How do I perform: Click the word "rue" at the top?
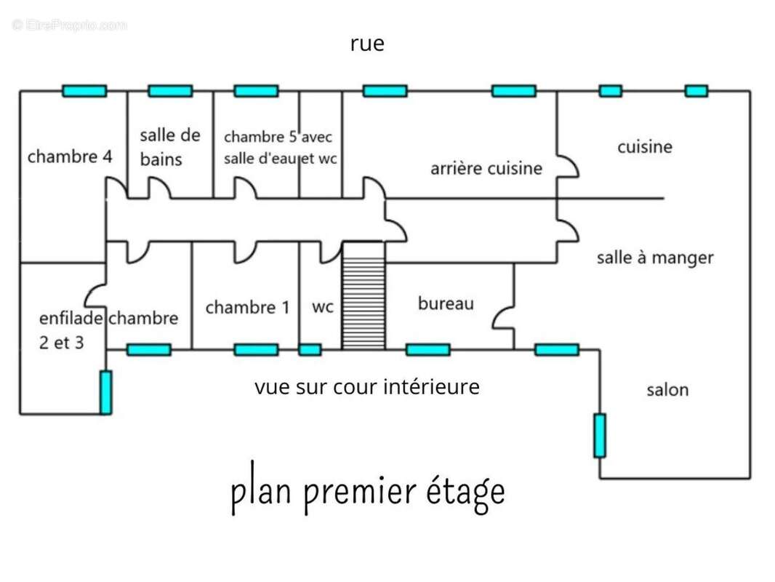coord(366,44)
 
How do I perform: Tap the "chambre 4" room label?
coord(70,156)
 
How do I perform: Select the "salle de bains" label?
coord(170,147)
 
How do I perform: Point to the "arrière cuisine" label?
coord(486,168)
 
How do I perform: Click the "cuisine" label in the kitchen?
coord(645,146)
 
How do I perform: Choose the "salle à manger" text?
coord(655,258)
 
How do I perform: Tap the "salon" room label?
coord(667,390)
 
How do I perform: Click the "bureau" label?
coord(446,303)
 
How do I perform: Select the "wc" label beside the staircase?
coord(323,307)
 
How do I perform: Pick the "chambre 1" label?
coord(247,307)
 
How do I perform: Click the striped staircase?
coord(364,295)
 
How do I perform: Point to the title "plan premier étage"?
coord(368,489)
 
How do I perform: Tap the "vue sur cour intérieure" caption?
coord(366,387)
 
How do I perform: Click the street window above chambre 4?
coord(84,91)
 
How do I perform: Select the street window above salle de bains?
coord(170,91)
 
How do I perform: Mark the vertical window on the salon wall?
coord(600,436)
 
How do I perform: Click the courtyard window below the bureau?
coord(427,350)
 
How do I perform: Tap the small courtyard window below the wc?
coord(310,350)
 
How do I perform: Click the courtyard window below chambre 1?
coord(256,350)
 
